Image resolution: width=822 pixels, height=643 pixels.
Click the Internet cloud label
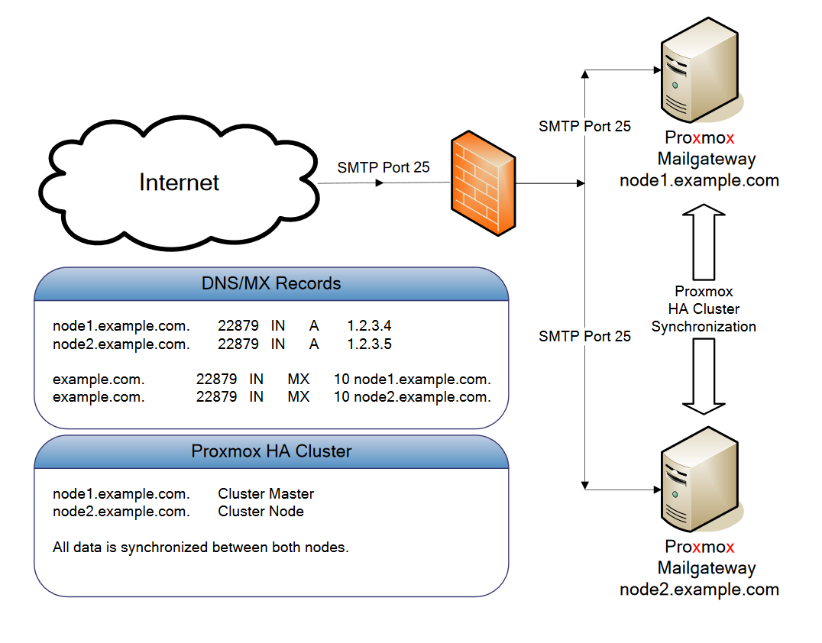pyautogui.click(x=179, y=183)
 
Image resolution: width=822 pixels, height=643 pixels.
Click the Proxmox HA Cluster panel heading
pyautogui.click(x=271, y=451)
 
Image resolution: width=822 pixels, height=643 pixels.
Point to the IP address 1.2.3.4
pyautogui.click(x=369, y=325)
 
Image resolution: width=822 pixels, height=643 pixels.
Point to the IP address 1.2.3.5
pyautogui.click(x=369, y=344)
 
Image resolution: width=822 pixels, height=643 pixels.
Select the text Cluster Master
pyautogui.click(x=266, y=493)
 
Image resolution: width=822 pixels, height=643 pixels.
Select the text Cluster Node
pyautogui.click(x=261, y=512)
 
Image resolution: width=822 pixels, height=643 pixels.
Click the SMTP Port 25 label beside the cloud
pyautogui.click(x=383, y=167)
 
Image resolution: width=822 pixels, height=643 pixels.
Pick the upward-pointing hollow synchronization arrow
pyautogui.click(x=704, y=241)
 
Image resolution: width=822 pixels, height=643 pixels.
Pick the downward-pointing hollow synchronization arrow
pyautogui.click(x=704, y=375)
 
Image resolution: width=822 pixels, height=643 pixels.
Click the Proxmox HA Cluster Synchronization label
pyautogui.click(x=704, y=309)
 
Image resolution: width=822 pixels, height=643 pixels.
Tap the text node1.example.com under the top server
pyautogui.click(x=699, y=181)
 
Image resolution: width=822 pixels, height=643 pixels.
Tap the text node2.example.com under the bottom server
pyautogui.click(x=699, y=590)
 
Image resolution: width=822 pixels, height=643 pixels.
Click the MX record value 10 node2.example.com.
pyautogui.click(x=412, y=397)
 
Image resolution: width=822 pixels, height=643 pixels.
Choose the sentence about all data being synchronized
pyautogui.click(x=201, y=548)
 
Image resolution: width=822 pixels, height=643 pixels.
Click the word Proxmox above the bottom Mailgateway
pyautogui.click(x=699, y=547)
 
